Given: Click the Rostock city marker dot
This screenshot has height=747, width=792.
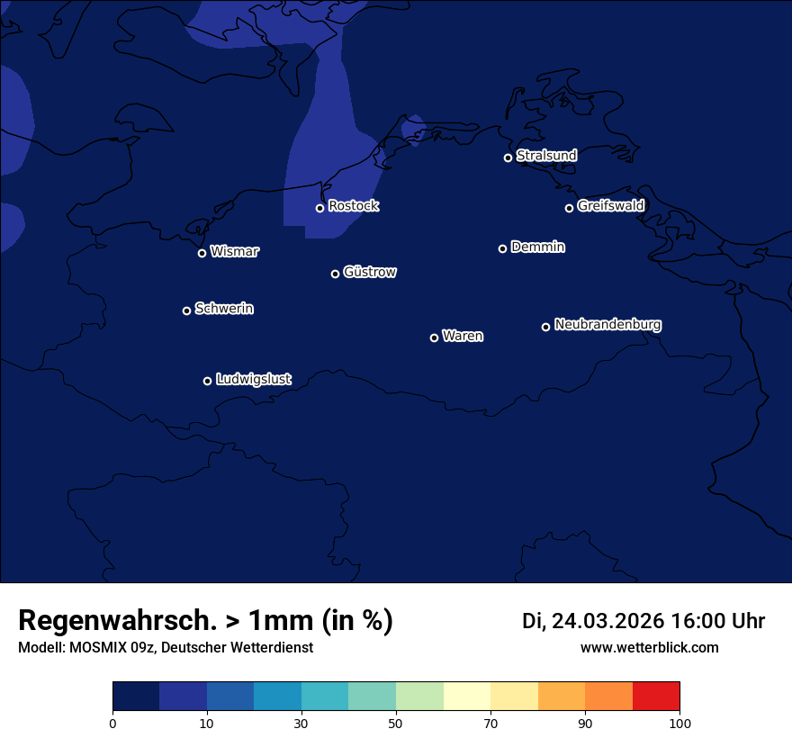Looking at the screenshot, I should [x=319, y=208].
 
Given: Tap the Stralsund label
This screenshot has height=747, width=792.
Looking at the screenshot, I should [x=546, y=156].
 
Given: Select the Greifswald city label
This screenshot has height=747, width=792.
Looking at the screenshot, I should [x=610, y=206].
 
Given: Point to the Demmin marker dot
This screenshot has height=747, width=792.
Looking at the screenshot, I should [x=502, y=248].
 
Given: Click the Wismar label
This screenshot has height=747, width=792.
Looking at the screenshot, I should [x=234, y=252].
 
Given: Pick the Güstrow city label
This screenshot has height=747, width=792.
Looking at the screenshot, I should [x=370, y=272].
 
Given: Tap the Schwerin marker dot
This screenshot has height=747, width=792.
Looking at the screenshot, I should [x=186, y=310].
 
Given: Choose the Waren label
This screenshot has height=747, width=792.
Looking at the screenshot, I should [x=463, y=337].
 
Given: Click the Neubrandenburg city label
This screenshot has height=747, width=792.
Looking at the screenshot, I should [x=607, y=325].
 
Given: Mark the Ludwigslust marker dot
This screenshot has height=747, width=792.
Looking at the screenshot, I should [x=207, y=381].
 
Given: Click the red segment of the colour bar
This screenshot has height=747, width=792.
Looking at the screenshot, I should [x=656, y=697].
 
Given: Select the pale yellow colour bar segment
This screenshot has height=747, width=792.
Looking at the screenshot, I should [x=467, y=697].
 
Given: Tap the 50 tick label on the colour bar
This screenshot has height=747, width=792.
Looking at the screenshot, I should [x=396, y=723].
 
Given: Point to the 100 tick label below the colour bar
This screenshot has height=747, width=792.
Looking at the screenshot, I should [x=679, y=723].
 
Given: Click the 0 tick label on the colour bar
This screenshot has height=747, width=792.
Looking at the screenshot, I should [x=112, y=723].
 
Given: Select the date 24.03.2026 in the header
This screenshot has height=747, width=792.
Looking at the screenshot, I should [x=607, y=621].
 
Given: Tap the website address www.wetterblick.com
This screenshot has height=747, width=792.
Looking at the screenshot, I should [x=649, y=648].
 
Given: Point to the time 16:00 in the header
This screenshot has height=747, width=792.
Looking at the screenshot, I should [x=700, y=621].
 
